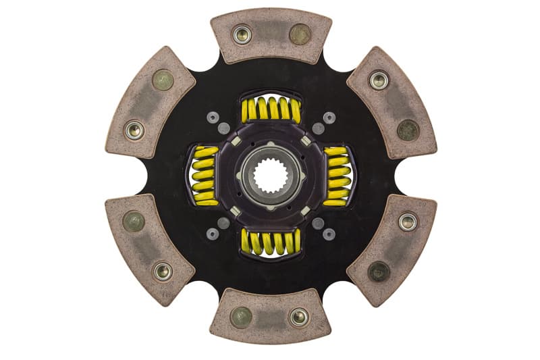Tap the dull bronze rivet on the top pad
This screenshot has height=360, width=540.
pos(300,34)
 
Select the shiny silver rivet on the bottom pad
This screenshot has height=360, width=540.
pos(298,317)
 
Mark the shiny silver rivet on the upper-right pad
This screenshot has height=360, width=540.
pos(379,80)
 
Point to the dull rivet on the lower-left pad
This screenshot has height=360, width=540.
pos(134,222)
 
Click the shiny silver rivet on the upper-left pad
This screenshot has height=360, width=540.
pos(134,130)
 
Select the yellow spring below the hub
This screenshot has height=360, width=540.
pos(271,242)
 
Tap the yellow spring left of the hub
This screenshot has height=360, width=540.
pos(205,176)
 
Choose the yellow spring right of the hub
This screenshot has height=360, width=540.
pos(337,176)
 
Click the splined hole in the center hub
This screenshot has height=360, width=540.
pos(271,176)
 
